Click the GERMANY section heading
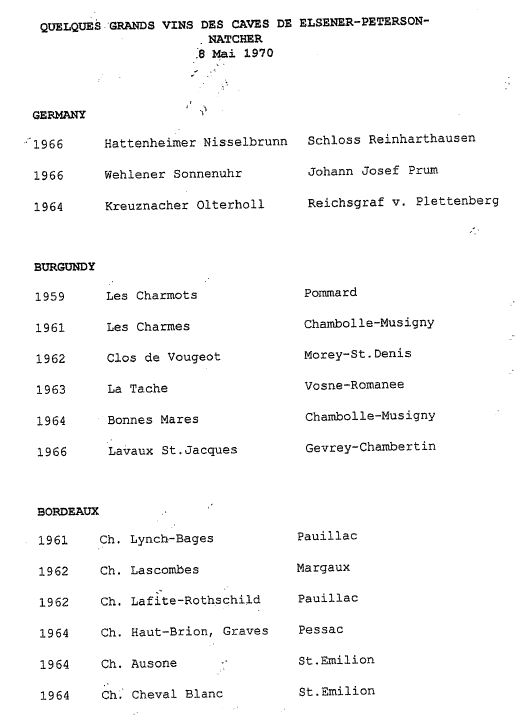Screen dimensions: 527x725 [59, 115]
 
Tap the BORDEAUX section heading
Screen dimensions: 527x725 [67, 510]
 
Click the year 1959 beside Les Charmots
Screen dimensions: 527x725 [50, 296]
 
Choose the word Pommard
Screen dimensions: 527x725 [330, 293]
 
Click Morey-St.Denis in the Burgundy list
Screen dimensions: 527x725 [358, 354]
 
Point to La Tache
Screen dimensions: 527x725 [137, 388]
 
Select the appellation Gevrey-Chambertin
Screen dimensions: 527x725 [370, 447]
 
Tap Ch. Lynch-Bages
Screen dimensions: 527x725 [156, 540]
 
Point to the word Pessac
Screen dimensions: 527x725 [321, 630]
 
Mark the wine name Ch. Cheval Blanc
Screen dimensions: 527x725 [161, 694]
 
